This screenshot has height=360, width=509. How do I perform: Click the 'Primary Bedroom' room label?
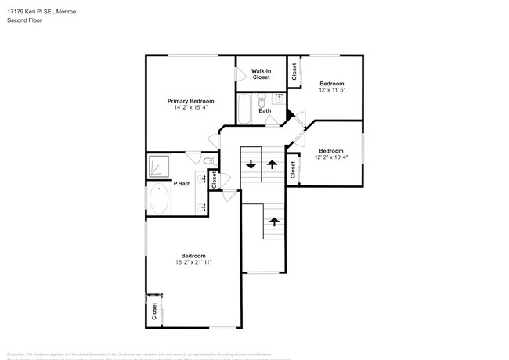190,101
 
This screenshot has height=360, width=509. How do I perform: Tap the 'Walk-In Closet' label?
261,74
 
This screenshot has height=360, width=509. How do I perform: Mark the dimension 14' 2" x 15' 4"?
190,108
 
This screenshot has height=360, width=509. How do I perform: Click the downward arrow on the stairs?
251,164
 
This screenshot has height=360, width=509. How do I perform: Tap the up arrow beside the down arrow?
272,164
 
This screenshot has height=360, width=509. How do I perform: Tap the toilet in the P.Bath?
208,160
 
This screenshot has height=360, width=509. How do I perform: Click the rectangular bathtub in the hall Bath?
244,110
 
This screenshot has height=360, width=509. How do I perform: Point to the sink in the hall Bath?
280,99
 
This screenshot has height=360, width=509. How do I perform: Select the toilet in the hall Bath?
262,99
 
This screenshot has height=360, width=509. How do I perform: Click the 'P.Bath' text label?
182,184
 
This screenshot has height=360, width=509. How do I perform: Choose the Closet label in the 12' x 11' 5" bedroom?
294,73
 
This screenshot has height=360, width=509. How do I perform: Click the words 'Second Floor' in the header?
24,20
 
